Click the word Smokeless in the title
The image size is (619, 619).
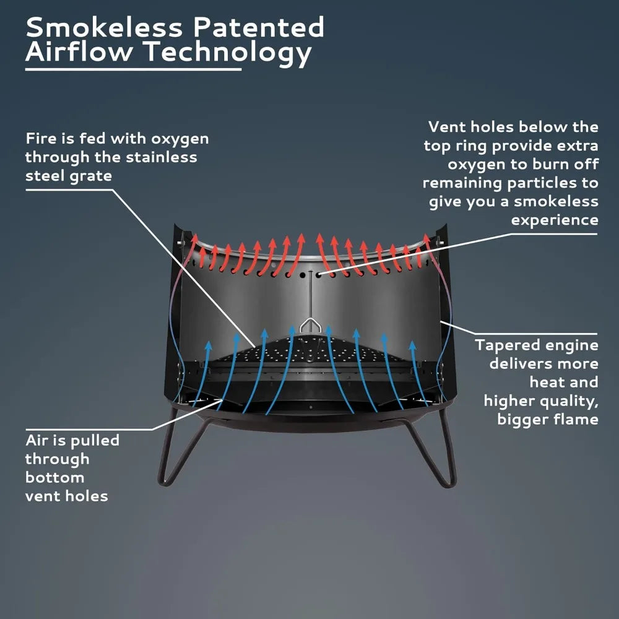point(104,27)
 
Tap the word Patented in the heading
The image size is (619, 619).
point(259,27)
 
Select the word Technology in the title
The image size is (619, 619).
point(227,53)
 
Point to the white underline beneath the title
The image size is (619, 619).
point(134,69)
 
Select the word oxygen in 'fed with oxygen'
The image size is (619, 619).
point(180,139)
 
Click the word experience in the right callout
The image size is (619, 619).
point(555,220)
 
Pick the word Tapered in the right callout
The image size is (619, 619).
point(503,345)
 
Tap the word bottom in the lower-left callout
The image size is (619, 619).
point(55,477)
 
